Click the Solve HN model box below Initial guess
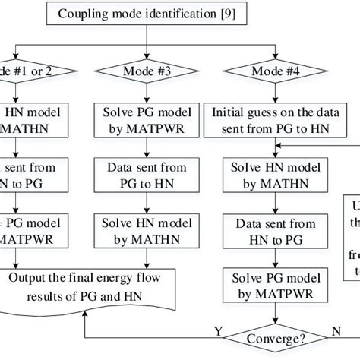tap(273, 171)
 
